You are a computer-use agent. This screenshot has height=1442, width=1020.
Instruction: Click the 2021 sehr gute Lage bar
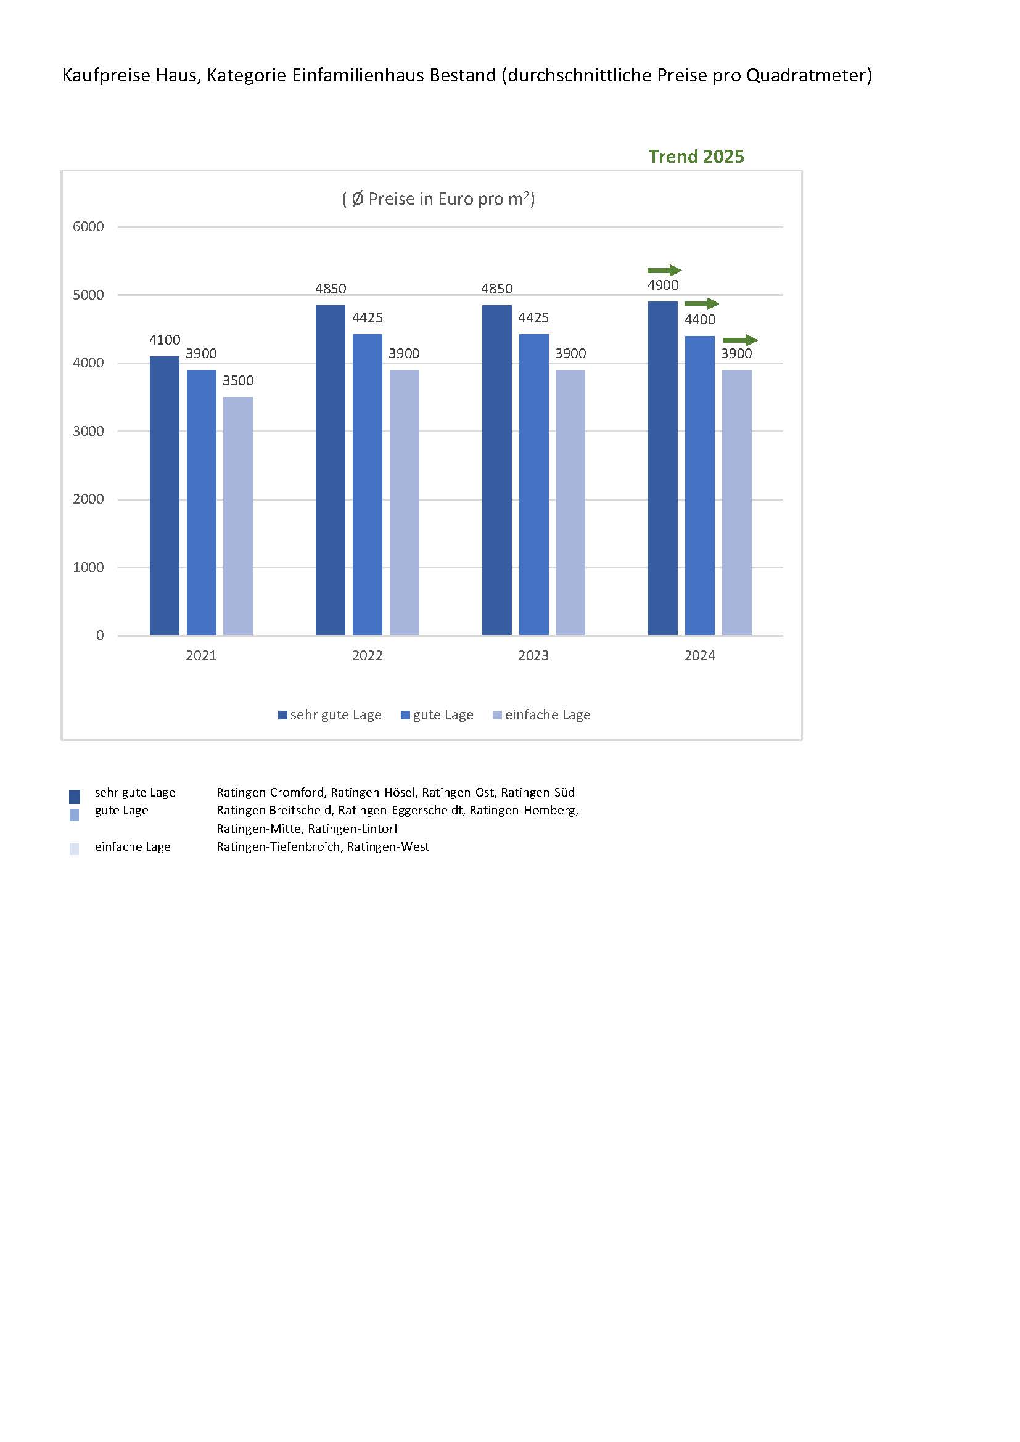tap(165, 496)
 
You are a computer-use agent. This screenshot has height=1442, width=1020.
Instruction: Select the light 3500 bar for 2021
tap(238, 515)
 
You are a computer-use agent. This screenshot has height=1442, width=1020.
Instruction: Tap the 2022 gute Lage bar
tap(368, 484)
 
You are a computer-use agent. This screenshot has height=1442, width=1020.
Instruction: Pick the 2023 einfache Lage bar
tap(570, 502)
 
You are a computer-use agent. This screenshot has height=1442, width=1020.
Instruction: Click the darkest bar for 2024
tap(662, 468)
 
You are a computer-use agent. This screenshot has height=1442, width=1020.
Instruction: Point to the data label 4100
tap(165, 340)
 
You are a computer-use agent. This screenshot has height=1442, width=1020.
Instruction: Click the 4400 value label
tap(700, 320)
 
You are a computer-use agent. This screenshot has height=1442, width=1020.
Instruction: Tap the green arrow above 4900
tap(665, 271)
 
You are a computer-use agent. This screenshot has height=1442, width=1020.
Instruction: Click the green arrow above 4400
tap(702, 304)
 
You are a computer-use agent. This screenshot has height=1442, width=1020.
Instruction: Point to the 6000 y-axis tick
tap(89, 227)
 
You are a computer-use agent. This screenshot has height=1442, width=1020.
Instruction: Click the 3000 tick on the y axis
tap(89, 431)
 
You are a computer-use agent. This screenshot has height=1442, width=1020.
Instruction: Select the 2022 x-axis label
tap(368, 655)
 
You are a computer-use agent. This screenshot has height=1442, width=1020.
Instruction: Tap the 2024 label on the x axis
tap(700, 655)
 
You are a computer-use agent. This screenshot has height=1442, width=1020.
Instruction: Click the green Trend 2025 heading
tap(696, 157)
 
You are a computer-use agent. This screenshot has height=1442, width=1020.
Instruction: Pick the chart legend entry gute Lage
tap(437, 715)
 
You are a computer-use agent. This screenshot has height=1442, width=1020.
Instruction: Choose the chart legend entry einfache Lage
tap(541, 715)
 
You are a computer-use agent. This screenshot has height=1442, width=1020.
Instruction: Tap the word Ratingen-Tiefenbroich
tap(279, 846)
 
